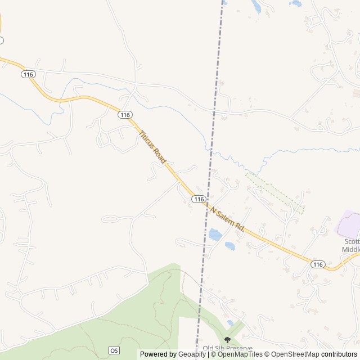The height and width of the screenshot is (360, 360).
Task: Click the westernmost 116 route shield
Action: click(29, 74)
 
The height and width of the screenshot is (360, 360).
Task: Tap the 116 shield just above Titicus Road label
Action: click(125, 115)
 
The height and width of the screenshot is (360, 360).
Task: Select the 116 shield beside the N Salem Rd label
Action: click(198, 199)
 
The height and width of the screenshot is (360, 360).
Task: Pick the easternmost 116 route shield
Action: click(318, 264)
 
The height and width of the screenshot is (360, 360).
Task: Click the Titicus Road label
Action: click(152, 146)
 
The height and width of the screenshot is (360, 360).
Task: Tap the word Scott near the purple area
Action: click(352, 240)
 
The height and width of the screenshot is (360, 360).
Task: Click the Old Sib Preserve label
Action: click(227, 349)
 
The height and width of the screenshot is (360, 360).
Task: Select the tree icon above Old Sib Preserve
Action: click(227, 340)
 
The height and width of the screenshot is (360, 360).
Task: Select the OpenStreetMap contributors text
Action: click(312, 354)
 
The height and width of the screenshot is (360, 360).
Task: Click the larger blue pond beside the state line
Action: click(214, 234)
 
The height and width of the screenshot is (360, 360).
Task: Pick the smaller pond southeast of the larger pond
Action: click(229, 245)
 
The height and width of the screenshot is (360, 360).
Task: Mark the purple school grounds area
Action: click(349, 225)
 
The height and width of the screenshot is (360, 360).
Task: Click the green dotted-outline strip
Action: click(275, 193)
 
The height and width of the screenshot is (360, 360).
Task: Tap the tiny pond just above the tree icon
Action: click(230, 323)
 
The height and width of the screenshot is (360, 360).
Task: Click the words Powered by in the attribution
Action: click(158, 354)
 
